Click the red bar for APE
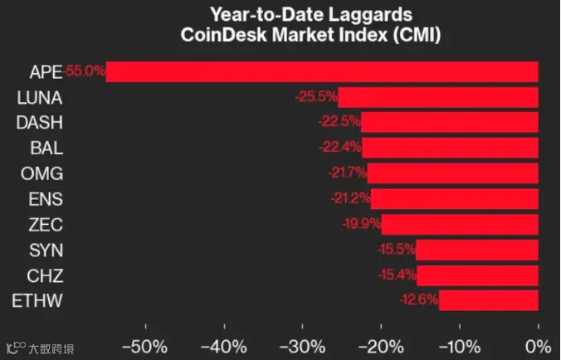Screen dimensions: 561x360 click(322, 72)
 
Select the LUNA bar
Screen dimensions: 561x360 click(438, 97)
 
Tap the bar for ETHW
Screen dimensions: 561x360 click(489, 300)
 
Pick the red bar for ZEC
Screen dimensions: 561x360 click(460, 225)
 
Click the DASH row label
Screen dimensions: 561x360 click(40, 123)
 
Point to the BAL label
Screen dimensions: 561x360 click(46, 148)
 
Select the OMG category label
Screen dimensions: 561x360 click(41, 173)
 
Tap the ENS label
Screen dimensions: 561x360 click(46, 199)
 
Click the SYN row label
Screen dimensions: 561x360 click(46, 251)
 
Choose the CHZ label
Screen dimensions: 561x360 click(45, 275)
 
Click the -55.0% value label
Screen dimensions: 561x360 click(85, 71)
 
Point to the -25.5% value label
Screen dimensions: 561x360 click(317, 96)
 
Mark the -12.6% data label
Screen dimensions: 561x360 click(419, 299)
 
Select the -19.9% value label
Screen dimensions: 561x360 click(362, 224)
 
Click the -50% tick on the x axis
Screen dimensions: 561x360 click(145, 347)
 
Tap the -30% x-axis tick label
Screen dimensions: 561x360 click(302, 347)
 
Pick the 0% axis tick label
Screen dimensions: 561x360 click(538, 347)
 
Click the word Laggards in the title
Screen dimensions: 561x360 click(370, 15)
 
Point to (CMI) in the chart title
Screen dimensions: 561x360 click(417, 35)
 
